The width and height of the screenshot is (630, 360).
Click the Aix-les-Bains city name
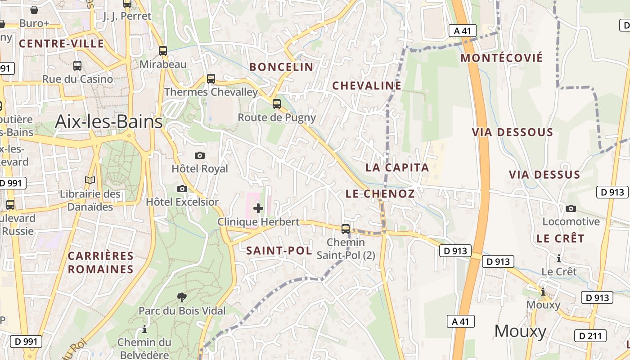(108, 122)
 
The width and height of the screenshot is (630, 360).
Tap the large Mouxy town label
(520, 331)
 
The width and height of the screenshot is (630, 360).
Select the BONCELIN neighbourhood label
(281, 67)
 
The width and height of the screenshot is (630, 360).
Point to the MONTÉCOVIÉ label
(502, 58)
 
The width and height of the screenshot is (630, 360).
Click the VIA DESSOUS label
(512, 132)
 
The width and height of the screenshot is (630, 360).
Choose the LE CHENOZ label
(380, 194)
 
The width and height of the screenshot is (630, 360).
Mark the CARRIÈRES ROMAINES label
(101, 263)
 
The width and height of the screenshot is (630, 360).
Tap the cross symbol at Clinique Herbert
(258, 208)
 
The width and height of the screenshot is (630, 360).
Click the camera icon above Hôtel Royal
(200, 156)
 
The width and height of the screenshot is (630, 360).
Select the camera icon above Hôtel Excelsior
(182, 189)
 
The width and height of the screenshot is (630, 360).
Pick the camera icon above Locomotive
(571, 208)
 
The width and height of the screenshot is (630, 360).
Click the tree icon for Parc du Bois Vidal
(182, 297)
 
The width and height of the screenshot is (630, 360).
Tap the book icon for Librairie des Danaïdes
(90, 180)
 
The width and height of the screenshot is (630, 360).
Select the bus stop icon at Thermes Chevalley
(211, 78)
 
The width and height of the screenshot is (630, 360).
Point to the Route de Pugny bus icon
(277, 104)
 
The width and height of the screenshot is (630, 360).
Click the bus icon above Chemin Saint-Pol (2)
(346, 229)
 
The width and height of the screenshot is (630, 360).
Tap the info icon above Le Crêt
(559, 258)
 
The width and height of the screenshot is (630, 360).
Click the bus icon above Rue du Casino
(77, 66)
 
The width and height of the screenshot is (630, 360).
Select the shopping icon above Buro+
(34, 9)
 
